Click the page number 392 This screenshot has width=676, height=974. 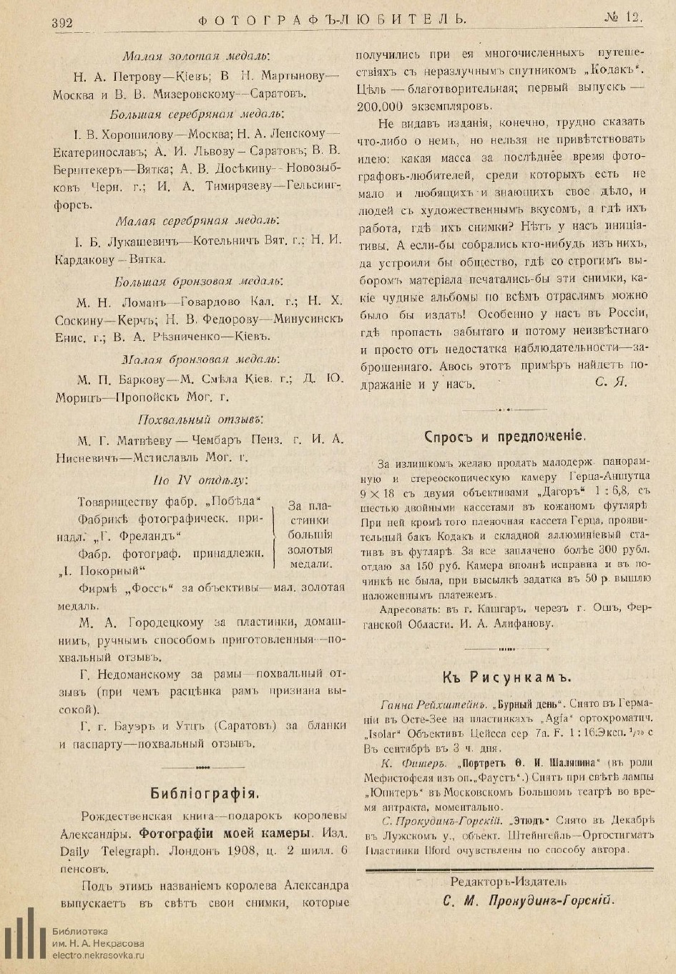click(x=62, y=23)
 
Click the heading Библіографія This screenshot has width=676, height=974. click(x=203, y=793)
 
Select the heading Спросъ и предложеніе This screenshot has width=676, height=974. click(x=505, y=435)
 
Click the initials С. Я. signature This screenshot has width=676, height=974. click(x=611, y=382)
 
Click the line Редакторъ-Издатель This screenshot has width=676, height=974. click(x=509, y=882)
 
